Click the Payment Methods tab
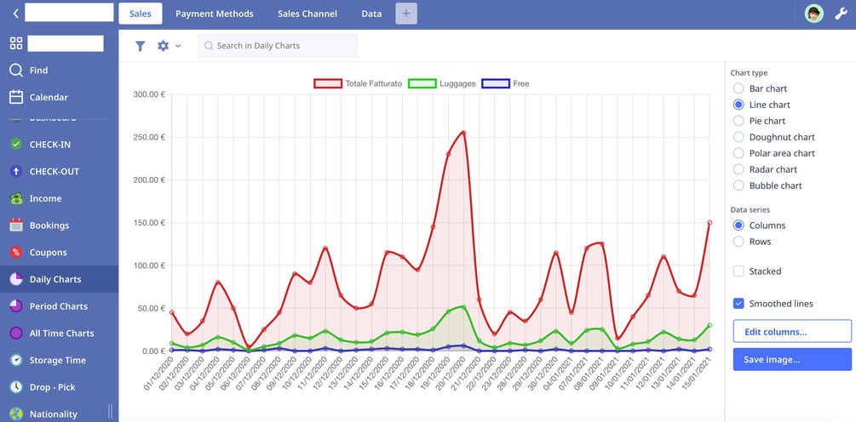(x=215, y=14)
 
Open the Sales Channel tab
(x=307, y=14)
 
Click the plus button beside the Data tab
(x=406, y=14)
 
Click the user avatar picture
(x=814, y=14)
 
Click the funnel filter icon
(x=141, y=46)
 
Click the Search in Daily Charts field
(x=278, y=46)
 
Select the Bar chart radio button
(x=738, y=88)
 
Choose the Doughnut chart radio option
(x=738, y=137)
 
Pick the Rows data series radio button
(x=738, y=242)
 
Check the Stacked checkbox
(x=738, y=271)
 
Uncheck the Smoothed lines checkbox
(x=738, y=304)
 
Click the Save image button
(x=792, y=359)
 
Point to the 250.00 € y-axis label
(x=149, y=137)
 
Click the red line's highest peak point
(x=463, y=132)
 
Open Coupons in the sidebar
(x=49, y=253)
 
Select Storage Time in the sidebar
(x=58, y=361)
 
